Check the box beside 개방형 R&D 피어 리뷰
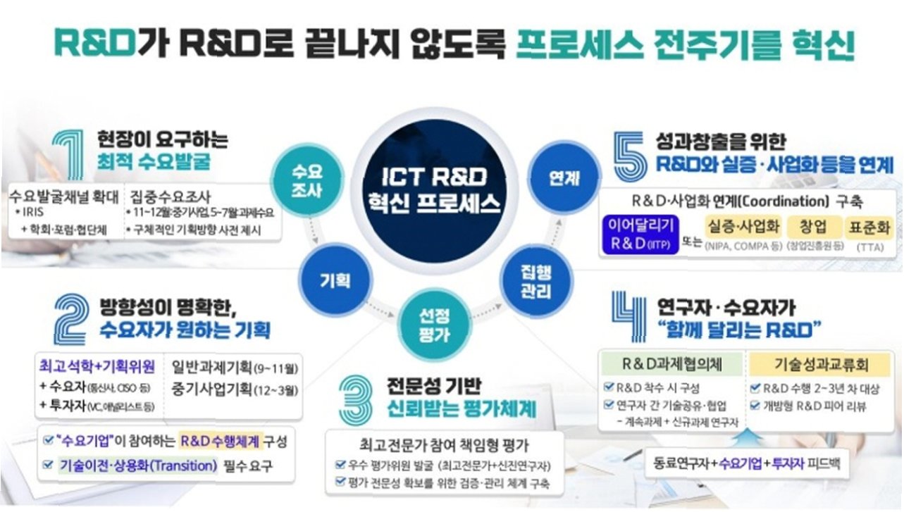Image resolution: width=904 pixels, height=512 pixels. coord(755,406)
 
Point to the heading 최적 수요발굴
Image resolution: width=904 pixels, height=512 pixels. coord(154,163)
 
